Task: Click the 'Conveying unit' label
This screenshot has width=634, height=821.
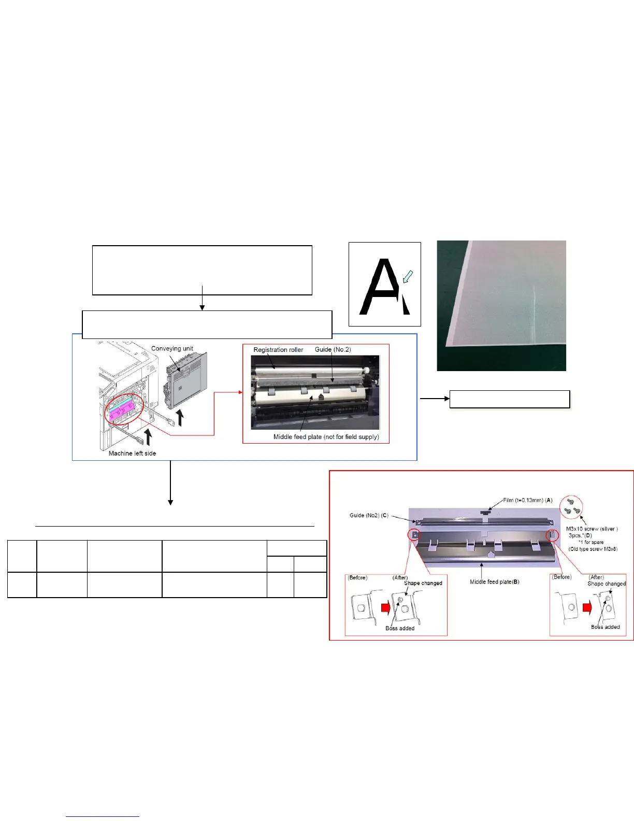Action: pos(172,349)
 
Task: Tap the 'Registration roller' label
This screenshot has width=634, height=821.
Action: pos(278,350)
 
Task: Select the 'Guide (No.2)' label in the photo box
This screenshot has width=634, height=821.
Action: pos(333,349)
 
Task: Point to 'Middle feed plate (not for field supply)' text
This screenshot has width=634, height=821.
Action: pos(326,437)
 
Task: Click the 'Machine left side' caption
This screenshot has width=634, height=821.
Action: pos(132,454)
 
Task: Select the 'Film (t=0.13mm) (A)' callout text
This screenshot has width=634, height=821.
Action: pos(528,500)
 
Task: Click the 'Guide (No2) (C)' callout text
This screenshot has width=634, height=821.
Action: pos(369,515)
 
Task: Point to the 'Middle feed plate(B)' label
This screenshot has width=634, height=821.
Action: pos(494,582)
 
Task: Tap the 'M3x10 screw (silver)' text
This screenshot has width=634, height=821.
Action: pos(592,529)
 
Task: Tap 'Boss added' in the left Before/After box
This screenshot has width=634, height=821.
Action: pos(400,628)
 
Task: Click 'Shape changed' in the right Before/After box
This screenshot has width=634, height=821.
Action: pos(607,584)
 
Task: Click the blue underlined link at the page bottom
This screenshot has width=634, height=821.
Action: pos(103,816)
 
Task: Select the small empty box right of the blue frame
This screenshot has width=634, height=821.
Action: pos(509,399)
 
